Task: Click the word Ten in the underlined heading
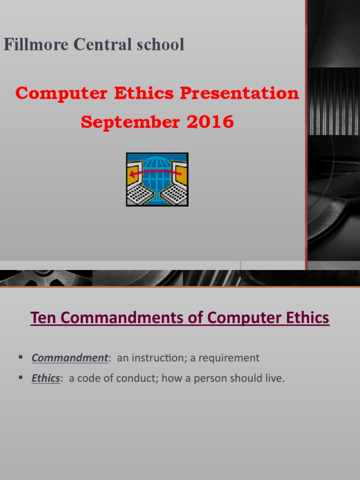click(40, 318)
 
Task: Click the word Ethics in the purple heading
click(307, 318)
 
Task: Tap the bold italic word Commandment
click(69, 358)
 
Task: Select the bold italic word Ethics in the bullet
click(45, 379)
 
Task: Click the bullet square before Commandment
click(21, 358)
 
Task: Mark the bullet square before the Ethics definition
click(21, 378)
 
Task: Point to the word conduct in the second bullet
click(136, 379)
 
